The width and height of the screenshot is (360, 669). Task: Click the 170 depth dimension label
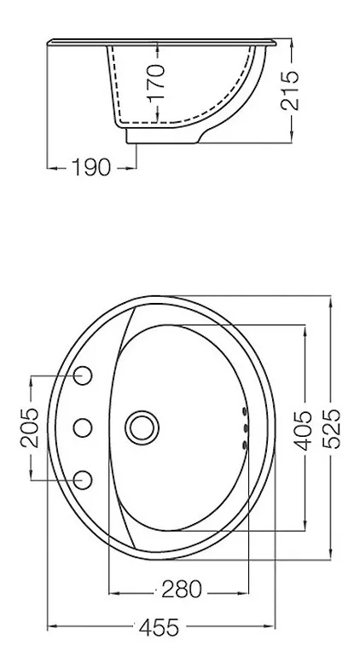[x=157, y=82]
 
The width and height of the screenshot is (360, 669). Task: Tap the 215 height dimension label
[x=290, y=90]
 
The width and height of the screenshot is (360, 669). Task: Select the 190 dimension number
[x=91, y=167]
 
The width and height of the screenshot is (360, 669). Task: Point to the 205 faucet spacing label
[x=29, y=428]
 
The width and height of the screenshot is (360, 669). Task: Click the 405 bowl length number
[x=304, y=431]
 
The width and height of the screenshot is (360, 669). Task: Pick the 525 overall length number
[x=331, y=428]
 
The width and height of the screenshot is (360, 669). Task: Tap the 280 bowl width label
[x=181, y=590]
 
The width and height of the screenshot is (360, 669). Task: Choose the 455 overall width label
[x=159, y=628]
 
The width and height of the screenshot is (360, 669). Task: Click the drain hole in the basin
[x=142, y=428]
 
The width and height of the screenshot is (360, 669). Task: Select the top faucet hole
[x=83, y=375]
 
